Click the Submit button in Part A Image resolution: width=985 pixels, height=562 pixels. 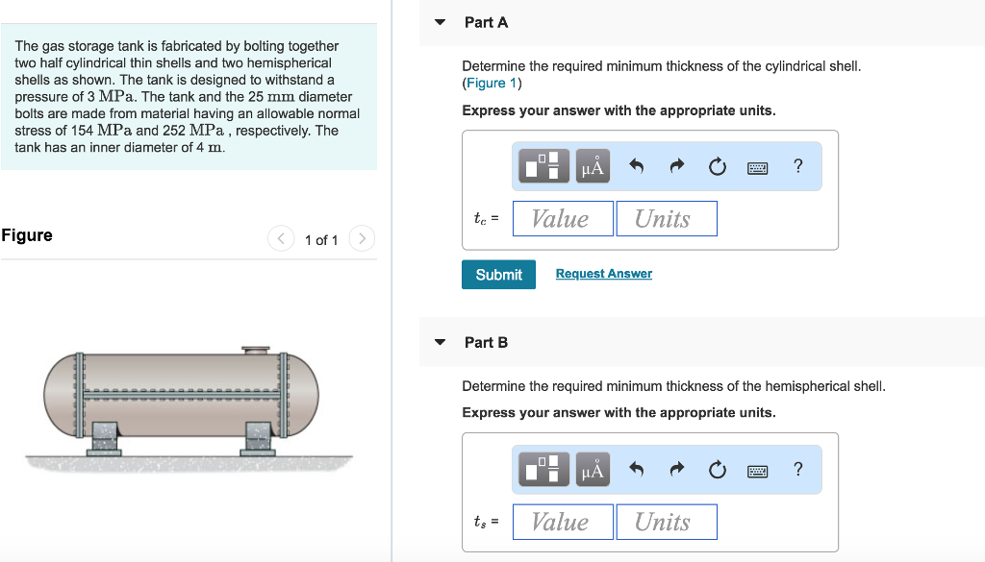(498, 275)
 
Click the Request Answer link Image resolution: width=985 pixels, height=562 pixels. (603, 274)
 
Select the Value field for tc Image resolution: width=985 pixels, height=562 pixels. (563, 219)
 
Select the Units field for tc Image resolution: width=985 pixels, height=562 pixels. (666, 219)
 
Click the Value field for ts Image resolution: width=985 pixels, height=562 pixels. (563, 522)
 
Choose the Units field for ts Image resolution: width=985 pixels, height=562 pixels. (666, 522)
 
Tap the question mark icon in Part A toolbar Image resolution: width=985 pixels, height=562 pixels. (797, 166)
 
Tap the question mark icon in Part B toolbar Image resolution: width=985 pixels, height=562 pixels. (797, 469)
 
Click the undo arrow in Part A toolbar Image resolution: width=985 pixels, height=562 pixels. (636, 166)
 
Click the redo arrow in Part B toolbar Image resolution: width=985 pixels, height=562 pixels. (676, 469)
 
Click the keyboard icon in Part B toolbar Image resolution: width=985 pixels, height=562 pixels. (758, 470)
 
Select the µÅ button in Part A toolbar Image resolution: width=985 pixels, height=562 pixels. (594, 166)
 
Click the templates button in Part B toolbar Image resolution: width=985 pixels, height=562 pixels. (544, 469)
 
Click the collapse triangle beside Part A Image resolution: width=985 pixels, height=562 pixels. (440, 22)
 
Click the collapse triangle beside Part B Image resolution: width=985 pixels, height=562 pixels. (440, 342)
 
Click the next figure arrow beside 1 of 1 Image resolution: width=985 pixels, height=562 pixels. (361, 238)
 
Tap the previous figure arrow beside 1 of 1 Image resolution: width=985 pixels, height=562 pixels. (280, 238)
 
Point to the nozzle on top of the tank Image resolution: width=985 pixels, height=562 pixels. (256, 351)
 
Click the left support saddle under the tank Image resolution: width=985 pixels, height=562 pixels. (104, 437)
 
